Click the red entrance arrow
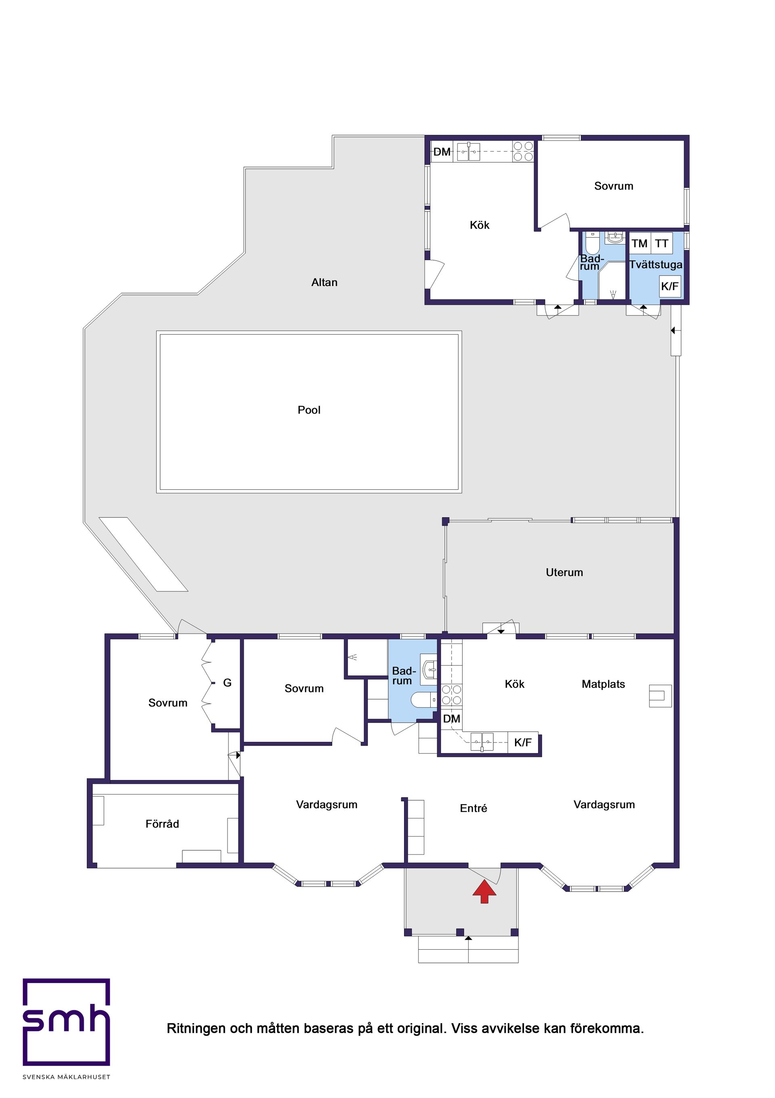484,892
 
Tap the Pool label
309,410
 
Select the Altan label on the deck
324,282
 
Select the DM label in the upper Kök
442,152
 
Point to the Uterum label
564,572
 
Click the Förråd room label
162,824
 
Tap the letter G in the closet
227,683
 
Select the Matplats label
603,684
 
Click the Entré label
473,808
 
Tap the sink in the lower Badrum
429,670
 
